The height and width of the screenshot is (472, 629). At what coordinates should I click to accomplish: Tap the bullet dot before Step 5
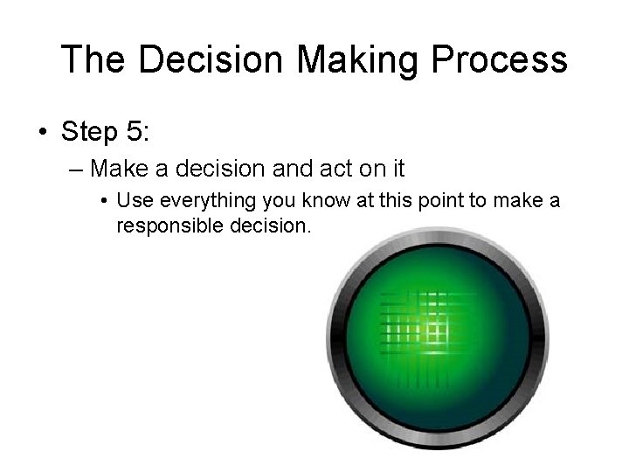43,134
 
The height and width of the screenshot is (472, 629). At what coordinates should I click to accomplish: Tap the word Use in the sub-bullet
130,201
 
